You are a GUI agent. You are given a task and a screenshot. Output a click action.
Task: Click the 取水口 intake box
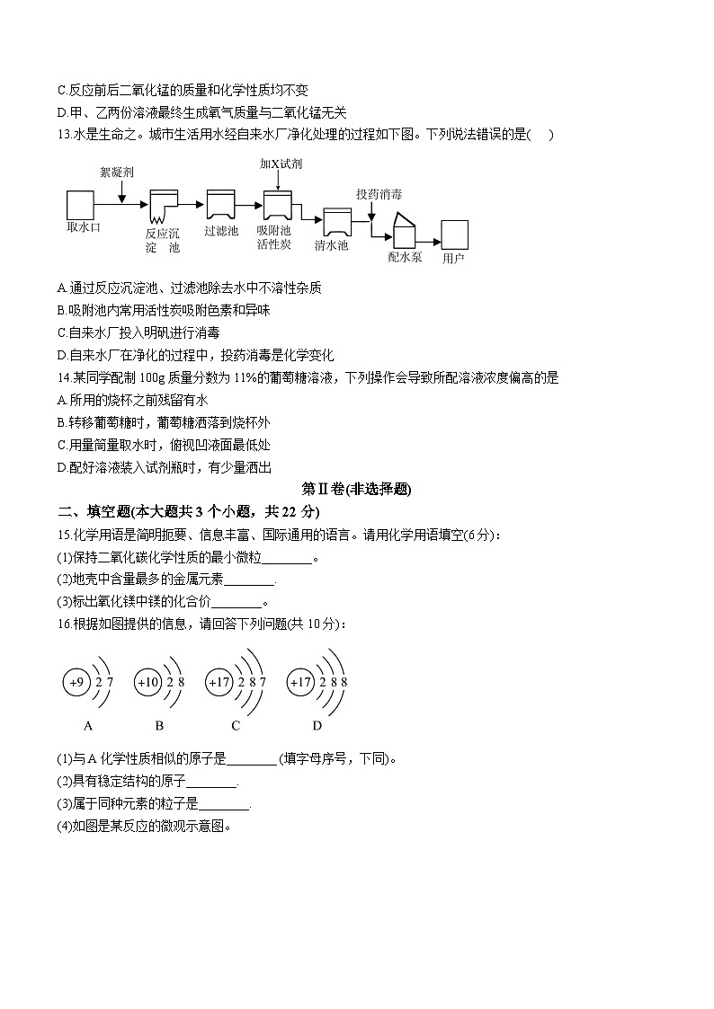pos(80,204)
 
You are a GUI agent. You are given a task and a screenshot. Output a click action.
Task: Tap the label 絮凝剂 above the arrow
pos(117,171)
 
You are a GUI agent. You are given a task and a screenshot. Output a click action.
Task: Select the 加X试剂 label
pos(281,164)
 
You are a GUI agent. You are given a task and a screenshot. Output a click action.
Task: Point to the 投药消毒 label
pos(379,194)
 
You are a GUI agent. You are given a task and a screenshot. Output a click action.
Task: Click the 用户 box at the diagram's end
pos(454,235)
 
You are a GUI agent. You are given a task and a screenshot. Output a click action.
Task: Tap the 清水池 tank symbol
pos(337,221)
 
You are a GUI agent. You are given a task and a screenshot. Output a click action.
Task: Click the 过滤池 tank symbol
pos(220,205)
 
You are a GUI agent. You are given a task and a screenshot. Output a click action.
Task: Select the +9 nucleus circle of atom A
pos(76,683)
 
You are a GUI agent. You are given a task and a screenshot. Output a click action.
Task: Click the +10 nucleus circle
pos(147,683)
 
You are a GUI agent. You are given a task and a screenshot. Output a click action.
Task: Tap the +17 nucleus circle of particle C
pos(219,683)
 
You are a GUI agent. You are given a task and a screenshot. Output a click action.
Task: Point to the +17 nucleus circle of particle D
pos(300,683)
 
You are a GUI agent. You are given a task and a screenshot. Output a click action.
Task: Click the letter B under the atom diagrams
pos(159,726)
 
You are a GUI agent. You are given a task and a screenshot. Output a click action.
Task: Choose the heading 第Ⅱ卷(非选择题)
pos(356,490)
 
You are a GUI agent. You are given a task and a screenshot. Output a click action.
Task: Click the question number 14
pos(62,378)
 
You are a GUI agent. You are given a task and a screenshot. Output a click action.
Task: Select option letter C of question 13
pos(61,332)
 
